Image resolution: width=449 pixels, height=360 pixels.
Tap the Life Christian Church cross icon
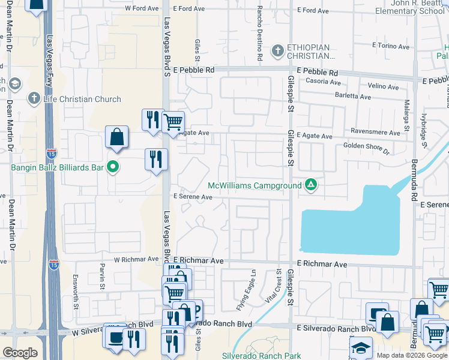coord(34,98)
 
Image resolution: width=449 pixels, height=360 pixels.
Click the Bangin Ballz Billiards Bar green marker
coord(112,167)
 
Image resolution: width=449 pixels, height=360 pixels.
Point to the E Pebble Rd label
coord(193,70)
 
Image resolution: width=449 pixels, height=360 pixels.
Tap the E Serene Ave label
coord(193,197)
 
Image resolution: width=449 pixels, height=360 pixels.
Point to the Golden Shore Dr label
coord(366,146)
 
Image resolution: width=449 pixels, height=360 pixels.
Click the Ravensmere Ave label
coord(377,133)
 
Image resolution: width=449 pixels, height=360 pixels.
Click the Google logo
coord(20,353)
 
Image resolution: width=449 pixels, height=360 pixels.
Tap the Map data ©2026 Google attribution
coord(411,355)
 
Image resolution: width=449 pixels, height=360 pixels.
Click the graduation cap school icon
coord(361,348)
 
